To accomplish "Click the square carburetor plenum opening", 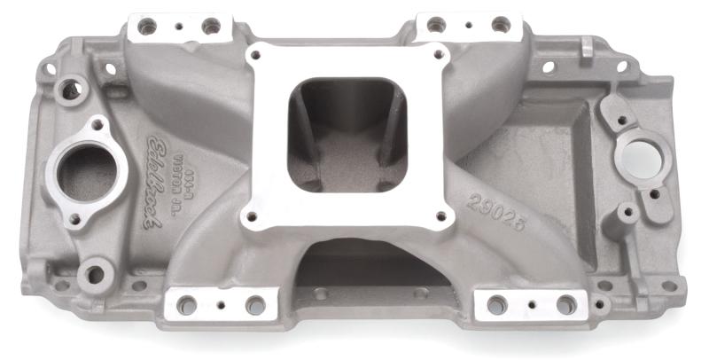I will click(346, 133).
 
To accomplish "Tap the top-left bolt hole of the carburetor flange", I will click(259, 59).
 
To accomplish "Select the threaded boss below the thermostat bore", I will click(93, 272).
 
